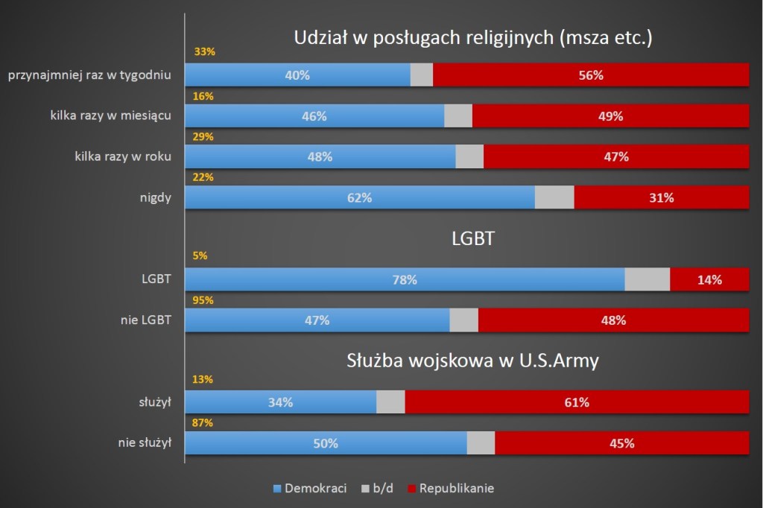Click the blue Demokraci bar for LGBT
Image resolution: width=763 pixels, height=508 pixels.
[405, 279]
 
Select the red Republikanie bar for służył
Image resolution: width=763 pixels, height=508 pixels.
[577, 402]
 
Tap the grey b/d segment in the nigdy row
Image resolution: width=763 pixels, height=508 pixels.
[554, 197]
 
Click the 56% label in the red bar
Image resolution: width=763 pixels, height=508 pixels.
[591, 75]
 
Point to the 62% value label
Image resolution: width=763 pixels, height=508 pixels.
[359, 197]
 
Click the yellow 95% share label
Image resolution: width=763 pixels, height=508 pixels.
[203, 300]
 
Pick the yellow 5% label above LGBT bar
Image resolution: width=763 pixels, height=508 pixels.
[200, 255]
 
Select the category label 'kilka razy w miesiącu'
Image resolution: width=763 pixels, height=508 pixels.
[112, 115]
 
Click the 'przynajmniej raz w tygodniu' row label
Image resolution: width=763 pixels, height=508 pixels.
[89, 75]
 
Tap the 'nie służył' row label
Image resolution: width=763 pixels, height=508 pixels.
[145, 442]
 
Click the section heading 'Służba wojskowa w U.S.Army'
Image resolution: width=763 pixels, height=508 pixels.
[473, 361]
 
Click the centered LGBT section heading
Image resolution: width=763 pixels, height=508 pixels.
[473, 239]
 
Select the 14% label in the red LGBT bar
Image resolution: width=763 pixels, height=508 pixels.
[709, 280]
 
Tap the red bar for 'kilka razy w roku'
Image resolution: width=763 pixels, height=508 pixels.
[616, 156]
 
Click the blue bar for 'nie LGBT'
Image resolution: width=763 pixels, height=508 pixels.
[317, 320]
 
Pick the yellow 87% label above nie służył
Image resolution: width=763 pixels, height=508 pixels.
[203, 422]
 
